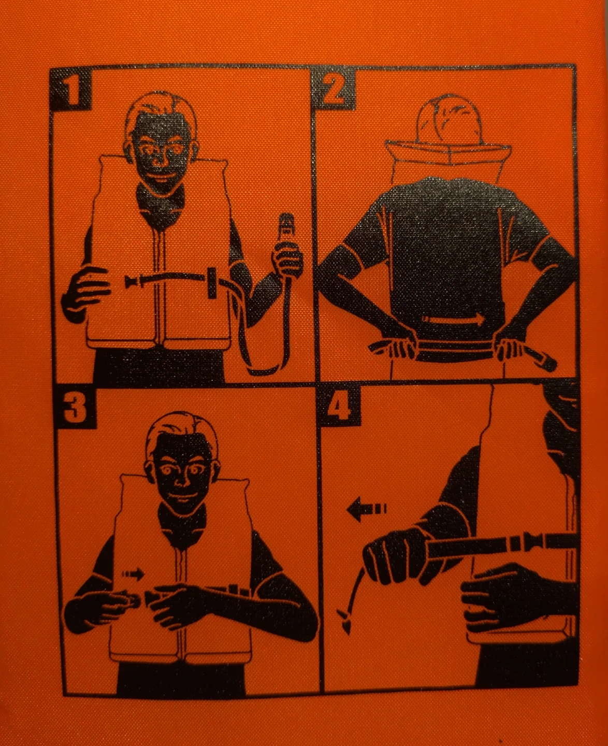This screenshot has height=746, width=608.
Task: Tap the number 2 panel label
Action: click(333, 89)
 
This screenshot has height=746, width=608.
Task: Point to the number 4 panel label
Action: click(339, 407)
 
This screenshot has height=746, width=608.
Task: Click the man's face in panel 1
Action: click(162, 148)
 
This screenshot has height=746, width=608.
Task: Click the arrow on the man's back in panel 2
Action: click(453, 320)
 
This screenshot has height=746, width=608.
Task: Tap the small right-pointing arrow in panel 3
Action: click(133, 573)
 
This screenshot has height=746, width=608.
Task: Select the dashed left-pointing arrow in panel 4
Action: click(367, 509)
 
